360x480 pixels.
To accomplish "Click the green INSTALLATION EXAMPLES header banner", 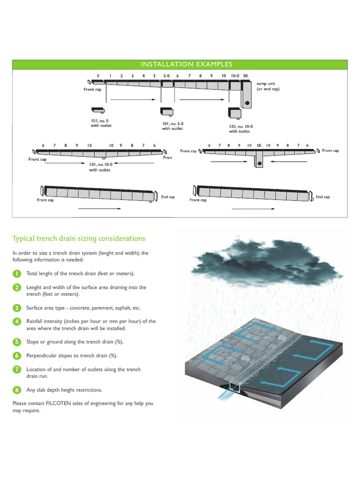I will (x=180, y=64).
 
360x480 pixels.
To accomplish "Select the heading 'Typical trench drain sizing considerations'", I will (x=79, y=239).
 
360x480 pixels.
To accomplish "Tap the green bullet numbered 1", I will (x=16, y=273).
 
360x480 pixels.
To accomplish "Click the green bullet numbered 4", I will (x=16, y=322).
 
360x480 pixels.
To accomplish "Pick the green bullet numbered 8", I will (x=16, y=390).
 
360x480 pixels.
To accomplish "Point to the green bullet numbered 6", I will (x=16, y=356).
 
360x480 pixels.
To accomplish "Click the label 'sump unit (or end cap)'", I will (x=268, y=86).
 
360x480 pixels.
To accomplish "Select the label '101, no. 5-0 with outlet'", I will (x=172, y=126).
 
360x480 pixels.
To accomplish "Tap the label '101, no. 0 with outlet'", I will (x=101, y=123).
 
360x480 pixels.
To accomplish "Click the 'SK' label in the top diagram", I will (x=245, y=75).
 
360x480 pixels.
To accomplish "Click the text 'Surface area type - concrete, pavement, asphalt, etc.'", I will (x=83, y=308).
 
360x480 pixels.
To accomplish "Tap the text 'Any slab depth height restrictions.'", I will (x=64, y=390).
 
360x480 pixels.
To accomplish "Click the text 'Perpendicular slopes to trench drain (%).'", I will (x=72, y=356).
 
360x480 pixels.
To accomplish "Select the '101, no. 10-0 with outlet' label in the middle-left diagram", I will (x=100, y=167).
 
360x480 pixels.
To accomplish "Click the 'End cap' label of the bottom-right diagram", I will (x=322, y=197).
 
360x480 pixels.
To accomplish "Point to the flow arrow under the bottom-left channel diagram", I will (x=99, y=209).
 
